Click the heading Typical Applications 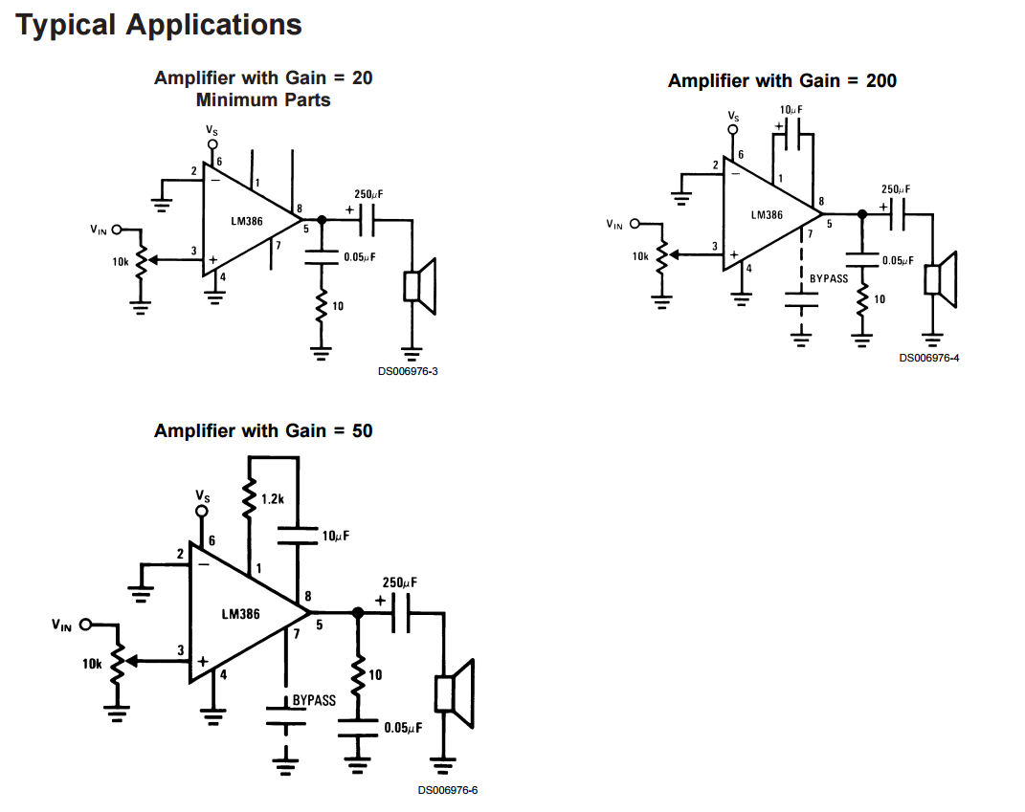click(159, 26)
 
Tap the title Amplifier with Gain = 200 click(782, 81)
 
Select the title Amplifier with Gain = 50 click(263, 431)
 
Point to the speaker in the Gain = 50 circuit click(454, 692)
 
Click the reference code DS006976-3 click(408, 372)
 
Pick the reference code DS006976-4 click(928, 358)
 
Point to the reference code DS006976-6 click(447, 790)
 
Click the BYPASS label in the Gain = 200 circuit click(828, 278)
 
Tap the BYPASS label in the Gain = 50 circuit click(314, 700)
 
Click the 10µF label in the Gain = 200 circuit click(790, 110)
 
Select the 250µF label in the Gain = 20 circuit click(368, 194)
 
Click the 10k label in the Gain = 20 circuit click(121, 261)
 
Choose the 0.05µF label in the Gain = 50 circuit click(403, 728)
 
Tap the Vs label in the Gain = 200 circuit click(733, 116)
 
